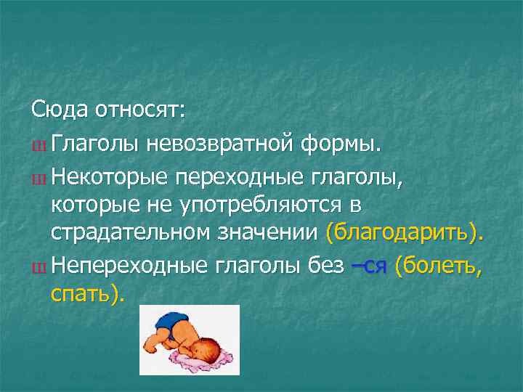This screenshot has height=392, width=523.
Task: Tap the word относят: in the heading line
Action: [142, 111]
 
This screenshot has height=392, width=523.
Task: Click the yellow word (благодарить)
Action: [405, 233]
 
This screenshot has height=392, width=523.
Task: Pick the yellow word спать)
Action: [88, 294]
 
